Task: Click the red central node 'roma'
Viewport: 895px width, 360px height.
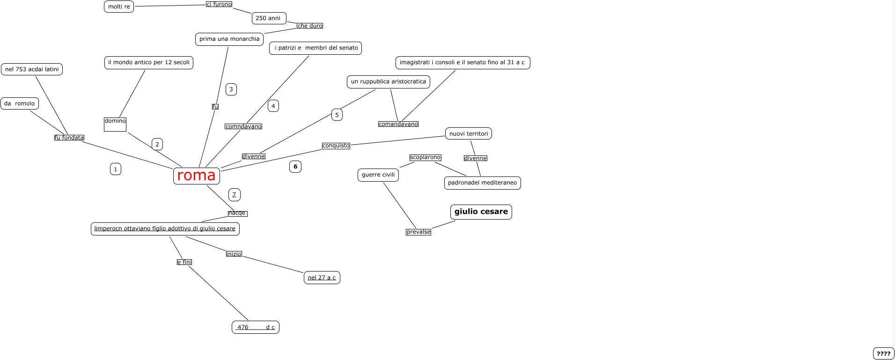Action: pyautogui.click(x=197, y=176)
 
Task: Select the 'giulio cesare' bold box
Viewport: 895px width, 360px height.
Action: pyautogui.click(x=481, y=212)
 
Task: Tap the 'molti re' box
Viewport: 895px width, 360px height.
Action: pyautogui.click(x=119, y=7)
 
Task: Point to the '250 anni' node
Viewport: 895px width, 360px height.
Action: pyautogui.click(x=268, y=18)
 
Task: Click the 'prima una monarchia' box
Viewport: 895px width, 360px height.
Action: pyautogui.click(x=229, y=39)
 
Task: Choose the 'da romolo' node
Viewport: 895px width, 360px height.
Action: pyautogui.click(x=20, y=103)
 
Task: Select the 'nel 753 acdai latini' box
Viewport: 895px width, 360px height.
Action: pyautogui.click(x=32, y=69)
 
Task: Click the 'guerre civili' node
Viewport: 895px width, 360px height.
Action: pyautogui.click(x=378, y=175)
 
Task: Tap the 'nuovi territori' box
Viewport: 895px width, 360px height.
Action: pyautogui.click(x=469, y=133)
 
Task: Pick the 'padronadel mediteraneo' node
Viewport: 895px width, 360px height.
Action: pyautogui.click(x=482, y=183)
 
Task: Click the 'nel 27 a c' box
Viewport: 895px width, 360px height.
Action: pyautogui.click(x=322, y=278)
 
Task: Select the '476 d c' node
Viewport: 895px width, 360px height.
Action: pyautogui.click(x=256, y=327)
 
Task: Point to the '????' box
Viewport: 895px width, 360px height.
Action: pyautogui.click(x=883, y=353)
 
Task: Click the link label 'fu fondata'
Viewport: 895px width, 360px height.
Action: pyautogui.click(x=69, y=138)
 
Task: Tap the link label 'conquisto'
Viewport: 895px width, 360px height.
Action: pyautogui.click(x=336, y=146)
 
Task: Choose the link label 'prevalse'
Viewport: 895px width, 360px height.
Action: pyautogui.click(x=418, y=232)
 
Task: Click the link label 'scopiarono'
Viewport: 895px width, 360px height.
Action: pyautogui.click(x=425, y=157)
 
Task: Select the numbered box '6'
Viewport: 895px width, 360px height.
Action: pyautogui.click(x=295, y=167)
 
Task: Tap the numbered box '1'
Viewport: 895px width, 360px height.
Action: pyautogui.click(x=116, y=169)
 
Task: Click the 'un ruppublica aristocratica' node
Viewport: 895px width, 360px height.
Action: pyautogui.click(x=389, y=81)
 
